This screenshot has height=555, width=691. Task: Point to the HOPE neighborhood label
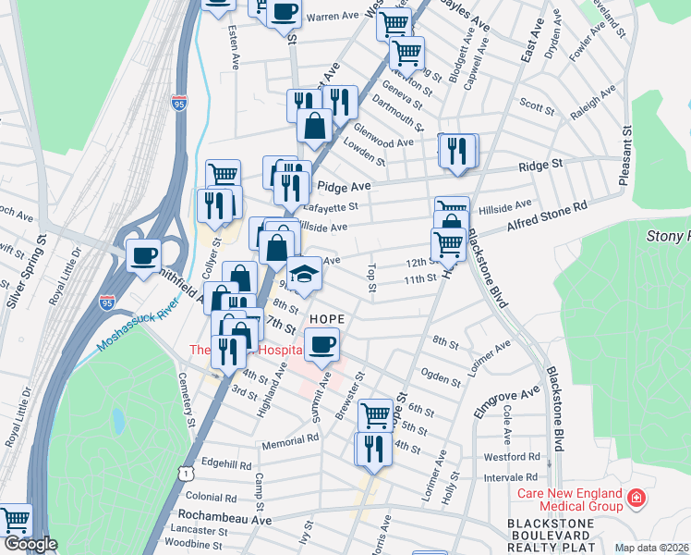[x=326, y=319]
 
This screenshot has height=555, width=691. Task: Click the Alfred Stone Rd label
[x=548, y=219]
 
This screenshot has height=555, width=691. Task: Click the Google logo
[x=30, y=545]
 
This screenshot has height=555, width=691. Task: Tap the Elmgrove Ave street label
[x=506, y=404]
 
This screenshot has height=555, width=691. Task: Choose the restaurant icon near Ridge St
[x=456, y=150]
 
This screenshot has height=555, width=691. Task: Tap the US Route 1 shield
[x=188, y=473]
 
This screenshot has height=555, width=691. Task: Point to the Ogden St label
[x=440, y=378]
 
